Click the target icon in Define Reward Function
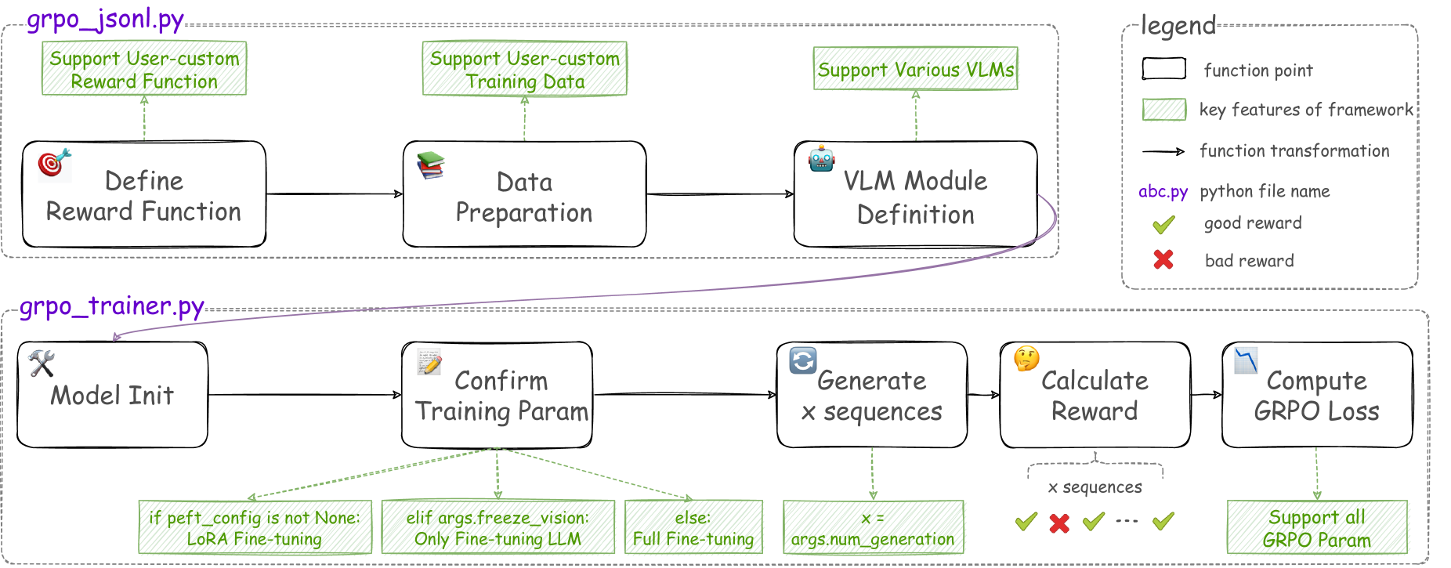[x=54, y=163]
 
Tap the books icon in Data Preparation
[x=431, y=165]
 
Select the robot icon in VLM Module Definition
[x=821, y=159]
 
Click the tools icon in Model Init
[x=42, y=363]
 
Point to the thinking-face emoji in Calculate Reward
[x=1026, y=359]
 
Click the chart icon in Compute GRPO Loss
[x=1246, y=360]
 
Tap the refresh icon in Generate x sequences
[x=803, y=360]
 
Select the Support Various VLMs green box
[x=916, y=69]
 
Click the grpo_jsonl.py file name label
[x=106, y=19]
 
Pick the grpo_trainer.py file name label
[x=112, y=306]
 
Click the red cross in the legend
[x=1163, y=259]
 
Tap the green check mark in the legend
[x=1164, y=225]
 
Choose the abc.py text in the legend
[x=1163, y=191]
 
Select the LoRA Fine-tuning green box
[x=255, y=527]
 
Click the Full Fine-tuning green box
[x=693, y=527]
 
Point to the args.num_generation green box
[x=874, y=527]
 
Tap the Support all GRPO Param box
[x=1317, y=527]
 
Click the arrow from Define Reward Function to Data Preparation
[x=335, y=194]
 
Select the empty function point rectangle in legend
[x=1164, y=69]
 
